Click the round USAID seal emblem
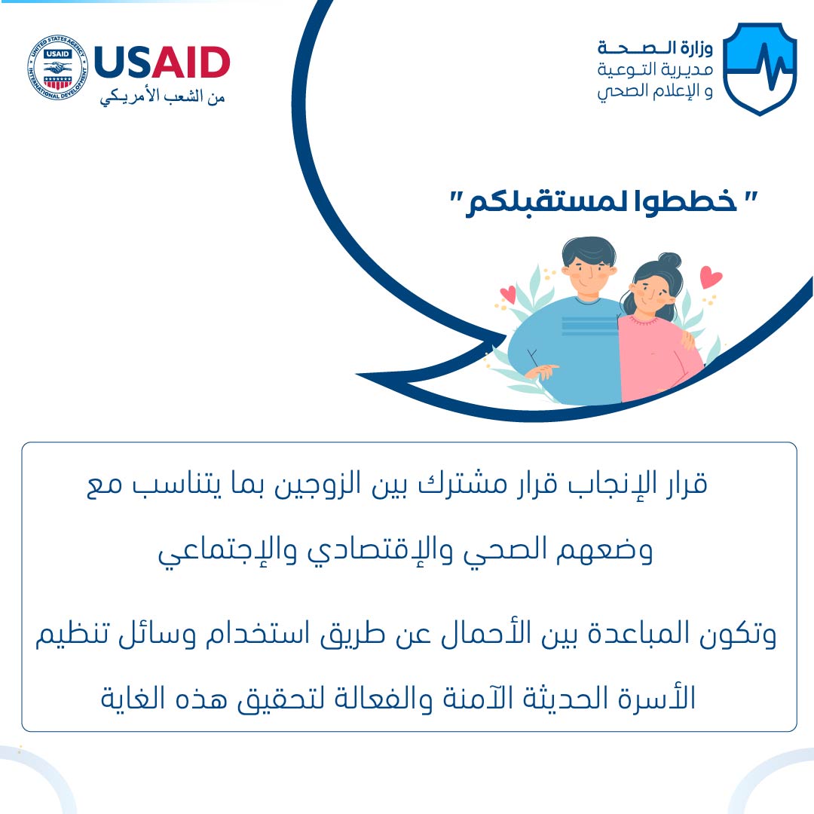(57, 68)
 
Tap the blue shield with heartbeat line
(760, 69)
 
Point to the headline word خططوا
(686, 201)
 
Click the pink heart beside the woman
(711, 277)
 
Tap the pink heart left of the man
(508, 295)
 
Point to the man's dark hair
(589, 251)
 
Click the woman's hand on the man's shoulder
(687, 339)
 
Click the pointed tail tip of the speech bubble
(357, 375)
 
